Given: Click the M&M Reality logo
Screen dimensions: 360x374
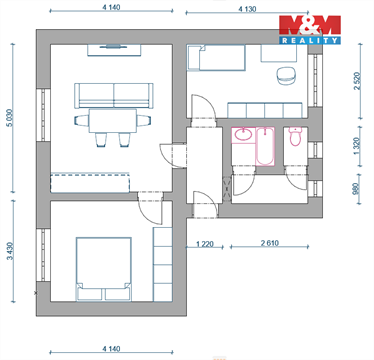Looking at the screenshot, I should (309, 30).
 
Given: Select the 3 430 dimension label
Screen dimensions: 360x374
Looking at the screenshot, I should (10, 258).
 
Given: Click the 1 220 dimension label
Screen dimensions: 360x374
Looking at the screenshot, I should (205, 244).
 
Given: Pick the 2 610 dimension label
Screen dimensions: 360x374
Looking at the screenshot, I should (268, 244).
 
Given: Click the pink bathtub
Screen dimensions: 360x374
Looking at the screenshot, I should (265, 147).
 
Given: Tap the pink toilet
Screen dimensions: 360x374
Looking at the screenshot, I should (295, 137).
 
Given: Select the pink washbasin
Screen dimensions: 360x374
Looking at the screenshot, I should (242, 135).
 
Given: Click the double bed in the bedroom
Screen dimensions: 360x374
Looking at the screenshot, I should (103, 265).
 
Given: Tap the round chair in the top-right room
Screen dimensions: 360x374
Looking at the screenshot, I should (286, 74).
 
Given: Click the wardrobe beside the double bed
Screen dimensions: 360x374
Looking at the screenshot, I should (163, 263).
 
